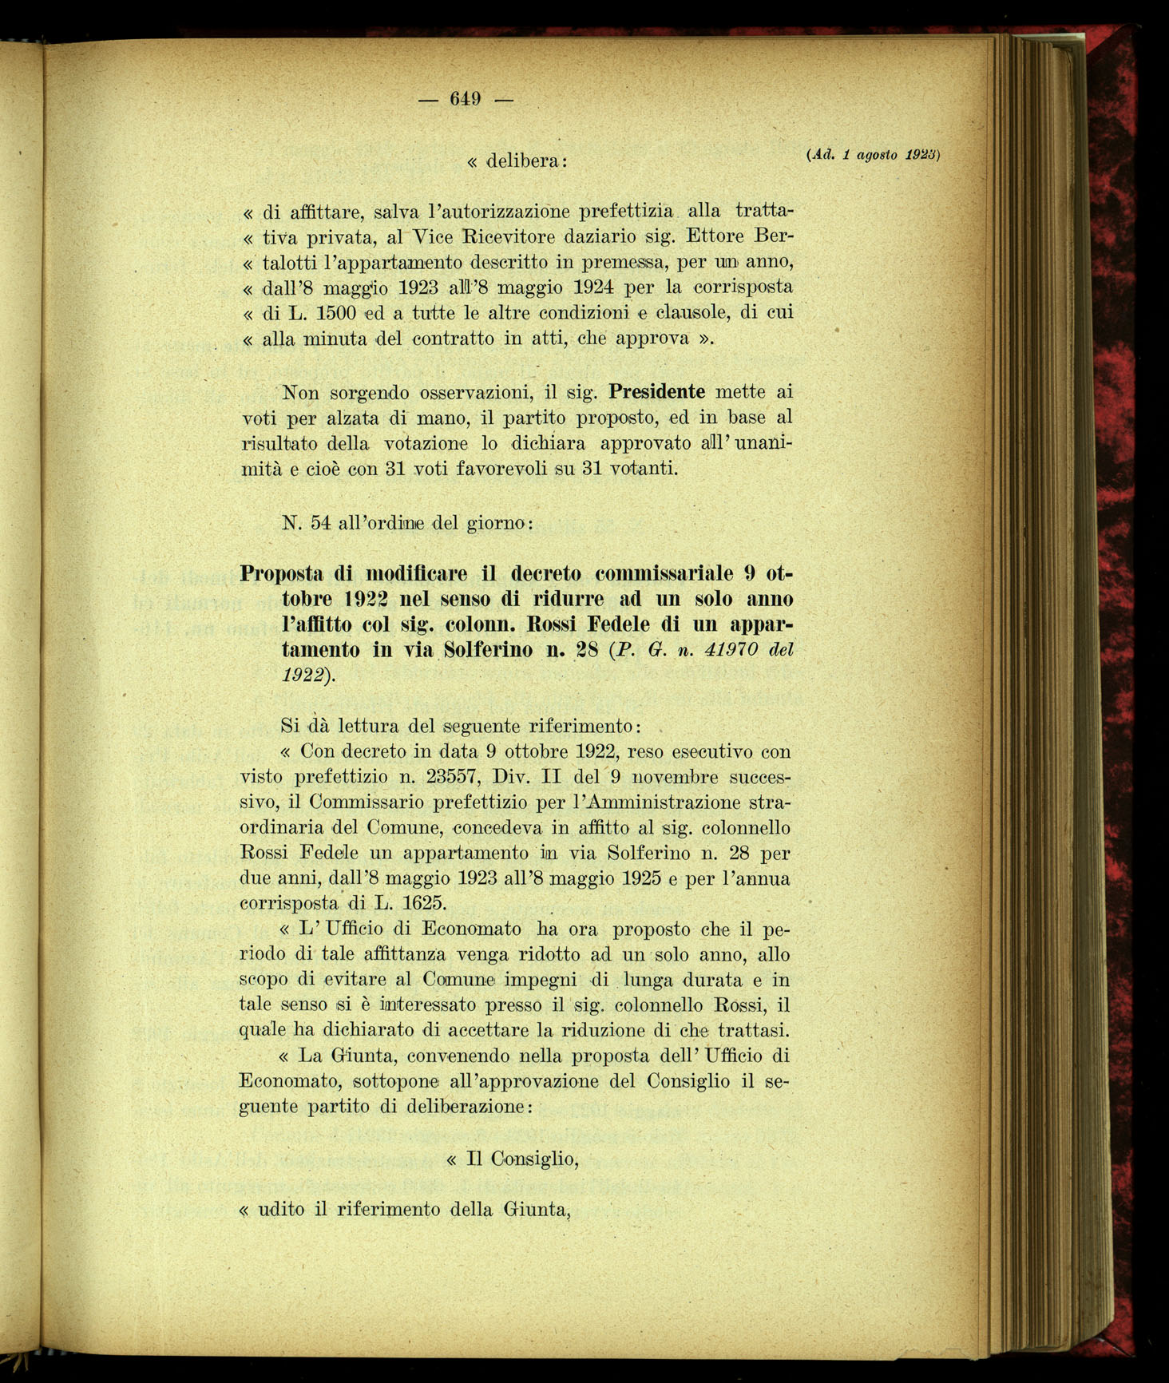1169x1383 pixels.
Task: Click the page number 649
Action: click(x=464, y=99)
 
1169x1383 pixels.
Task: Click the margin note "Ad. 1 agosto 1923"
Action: click(x=874, y=155)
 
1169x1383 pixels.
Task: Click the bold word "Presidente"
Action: click(x=656, y=392)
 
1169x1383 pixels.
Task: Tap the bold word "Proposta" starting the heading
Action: click(x=281, y=573)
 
